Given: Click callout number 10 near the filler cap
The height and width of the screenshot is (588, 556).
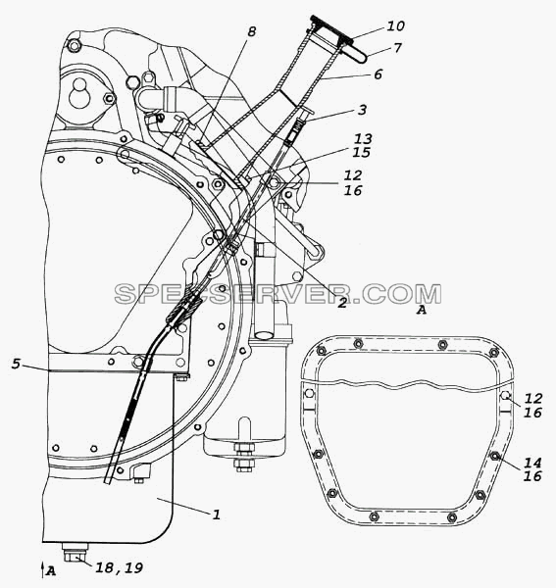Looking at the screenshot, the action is coord(395,25).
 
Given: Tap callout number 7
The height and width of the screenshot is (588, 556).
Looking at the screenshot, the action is coord(397,48).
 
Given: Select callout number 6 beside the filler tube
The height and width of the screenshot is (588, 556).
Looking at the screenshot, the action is coord(378,73).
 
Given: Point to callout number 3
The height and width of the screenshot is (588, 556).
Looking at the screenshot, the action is coord(362,110).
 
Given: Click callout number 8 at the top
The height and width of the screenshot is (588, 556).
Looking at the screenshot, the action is coord(251,31).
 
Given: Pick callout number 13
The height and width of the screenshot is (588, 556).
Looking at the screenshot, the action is coord(363,139).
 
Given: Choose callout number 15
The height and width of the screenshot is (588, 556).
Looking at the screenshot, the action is coord(361,152).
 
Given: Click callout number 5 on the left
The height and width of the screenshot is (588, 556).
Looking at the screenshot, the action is coord(16,364).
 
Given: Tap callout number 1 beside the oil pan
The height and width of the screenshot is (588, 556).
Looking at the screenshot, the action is coord(216,514).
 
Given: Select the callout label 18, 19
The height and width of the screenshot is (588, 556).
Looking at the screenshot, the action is coord(120,567).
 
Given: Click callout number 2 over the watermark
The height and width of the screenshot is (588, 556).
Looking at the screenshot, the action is coord(342,302).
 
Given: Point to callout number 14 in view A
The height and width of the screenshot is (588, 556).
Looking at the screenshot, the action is coord(532,463).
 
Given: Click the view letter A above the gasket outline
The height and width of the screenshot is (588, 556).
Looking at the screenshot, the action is coord(422,310).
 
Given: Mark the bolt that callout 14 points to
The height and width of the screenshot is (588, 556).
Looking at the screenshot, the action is coord(495,456).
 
